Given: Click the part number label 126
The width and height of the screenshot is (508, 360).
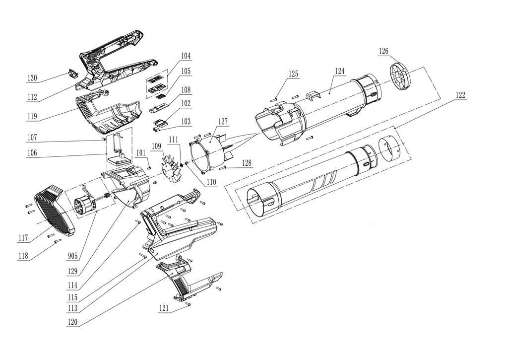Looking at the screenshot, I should pyautogui.click(x=383, y=51).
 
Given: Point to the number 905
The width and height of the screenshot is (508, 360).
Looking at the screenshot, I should pyautogui.click(x=73, y=256).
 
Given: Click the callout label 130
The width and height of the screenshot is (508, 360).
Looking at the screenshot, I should pyautogui.click(x=32, y=78).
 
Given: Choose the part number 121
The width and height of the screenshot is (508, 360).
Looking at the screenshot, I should pyautogui.click(x=164, y=308).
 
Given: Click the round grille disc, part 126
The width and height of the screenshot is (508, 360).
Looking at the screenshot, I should pyautogui.click(x=402, y=76).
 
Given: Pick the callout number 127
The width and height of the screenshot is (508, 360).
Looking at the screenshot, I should pyautogui.click(x=222, y=121).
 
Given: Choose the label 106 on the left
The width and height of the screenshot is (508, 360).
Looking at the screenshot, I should pyautogui.click(x=32, y=152).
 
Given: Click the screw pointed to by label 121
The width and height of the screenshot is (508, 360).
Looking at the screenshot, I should pyautogui.click(x=189, y=304).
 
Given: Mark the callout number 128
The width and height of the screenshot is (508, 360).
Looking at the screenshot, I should pyautogui.click(x=246, y=162).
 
